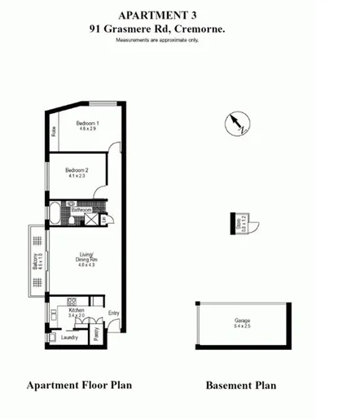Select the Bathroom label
tap(81, 210)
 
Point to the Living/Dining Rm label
tap(87, 258)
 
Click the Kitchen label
tap(77, 311)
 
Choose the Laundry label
tap(70, 337)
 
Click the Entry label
tap(113, 313)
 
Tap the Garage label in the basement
tap(243, 321)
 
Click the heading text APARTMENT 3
tap(156, 15)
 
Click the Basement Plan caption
tap(240, 386)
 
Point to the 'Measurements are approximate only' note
tap(156, 39)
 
